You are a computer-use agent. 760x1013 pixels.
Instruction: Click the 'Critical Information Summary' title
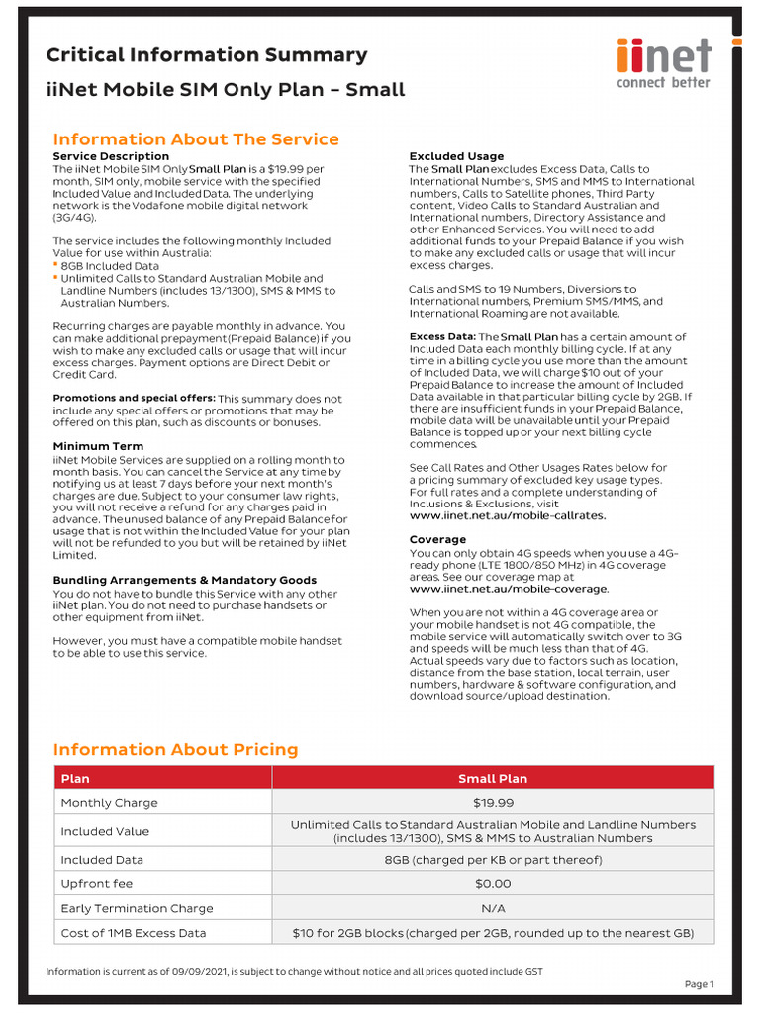click(207, 55)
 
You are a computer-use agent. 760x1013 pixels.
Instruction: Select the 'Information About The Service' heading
click(195, 139)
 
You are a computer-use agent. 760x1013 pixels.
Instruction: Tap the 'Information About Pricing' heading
click(175, 749)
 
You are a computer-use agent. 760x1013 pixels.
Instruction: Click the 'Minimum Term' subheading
click(98, 446)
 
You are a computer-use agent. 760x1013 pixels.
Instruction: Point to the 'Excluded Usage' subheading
click(456, 156)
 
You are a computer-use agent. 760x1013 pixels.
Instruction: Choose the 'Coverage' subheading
click(437, 539)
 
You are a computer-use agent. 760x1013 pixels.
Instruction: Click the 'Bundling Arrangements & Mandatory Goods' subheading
click(185, 580)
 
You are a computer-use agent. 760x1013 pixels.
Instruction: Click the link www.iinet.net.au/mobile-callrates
click(508, 515)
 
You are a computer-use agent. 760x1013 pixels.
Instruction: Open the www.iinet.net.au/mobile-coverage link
click(509, 589)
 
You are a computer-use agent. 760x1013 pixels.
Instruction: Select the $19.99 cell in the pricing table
click(493, 803)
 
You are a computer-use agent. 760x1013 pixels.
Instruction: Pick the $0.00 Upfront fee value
click(493, 884)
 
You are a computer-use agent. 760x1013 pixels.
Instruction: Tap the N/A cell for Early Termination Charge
click(493, 908)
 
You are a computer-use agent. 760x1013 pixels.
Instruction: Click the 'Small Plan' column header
click(493, 779)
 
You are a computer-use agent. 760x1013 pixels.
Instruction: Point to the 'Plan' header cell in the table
click(75, 779)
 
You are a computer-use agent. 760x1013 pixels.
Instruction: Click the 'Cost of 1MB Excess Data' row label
click(134, 933)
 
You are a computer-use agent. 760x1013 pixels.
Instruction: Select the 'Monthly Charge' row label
click(109, 803)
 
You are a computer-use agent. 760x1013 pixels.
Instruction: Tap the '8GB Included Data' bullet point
click(109, 266)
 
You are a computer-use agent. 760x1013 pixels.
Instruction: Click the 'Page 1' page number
click(699, 984)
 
